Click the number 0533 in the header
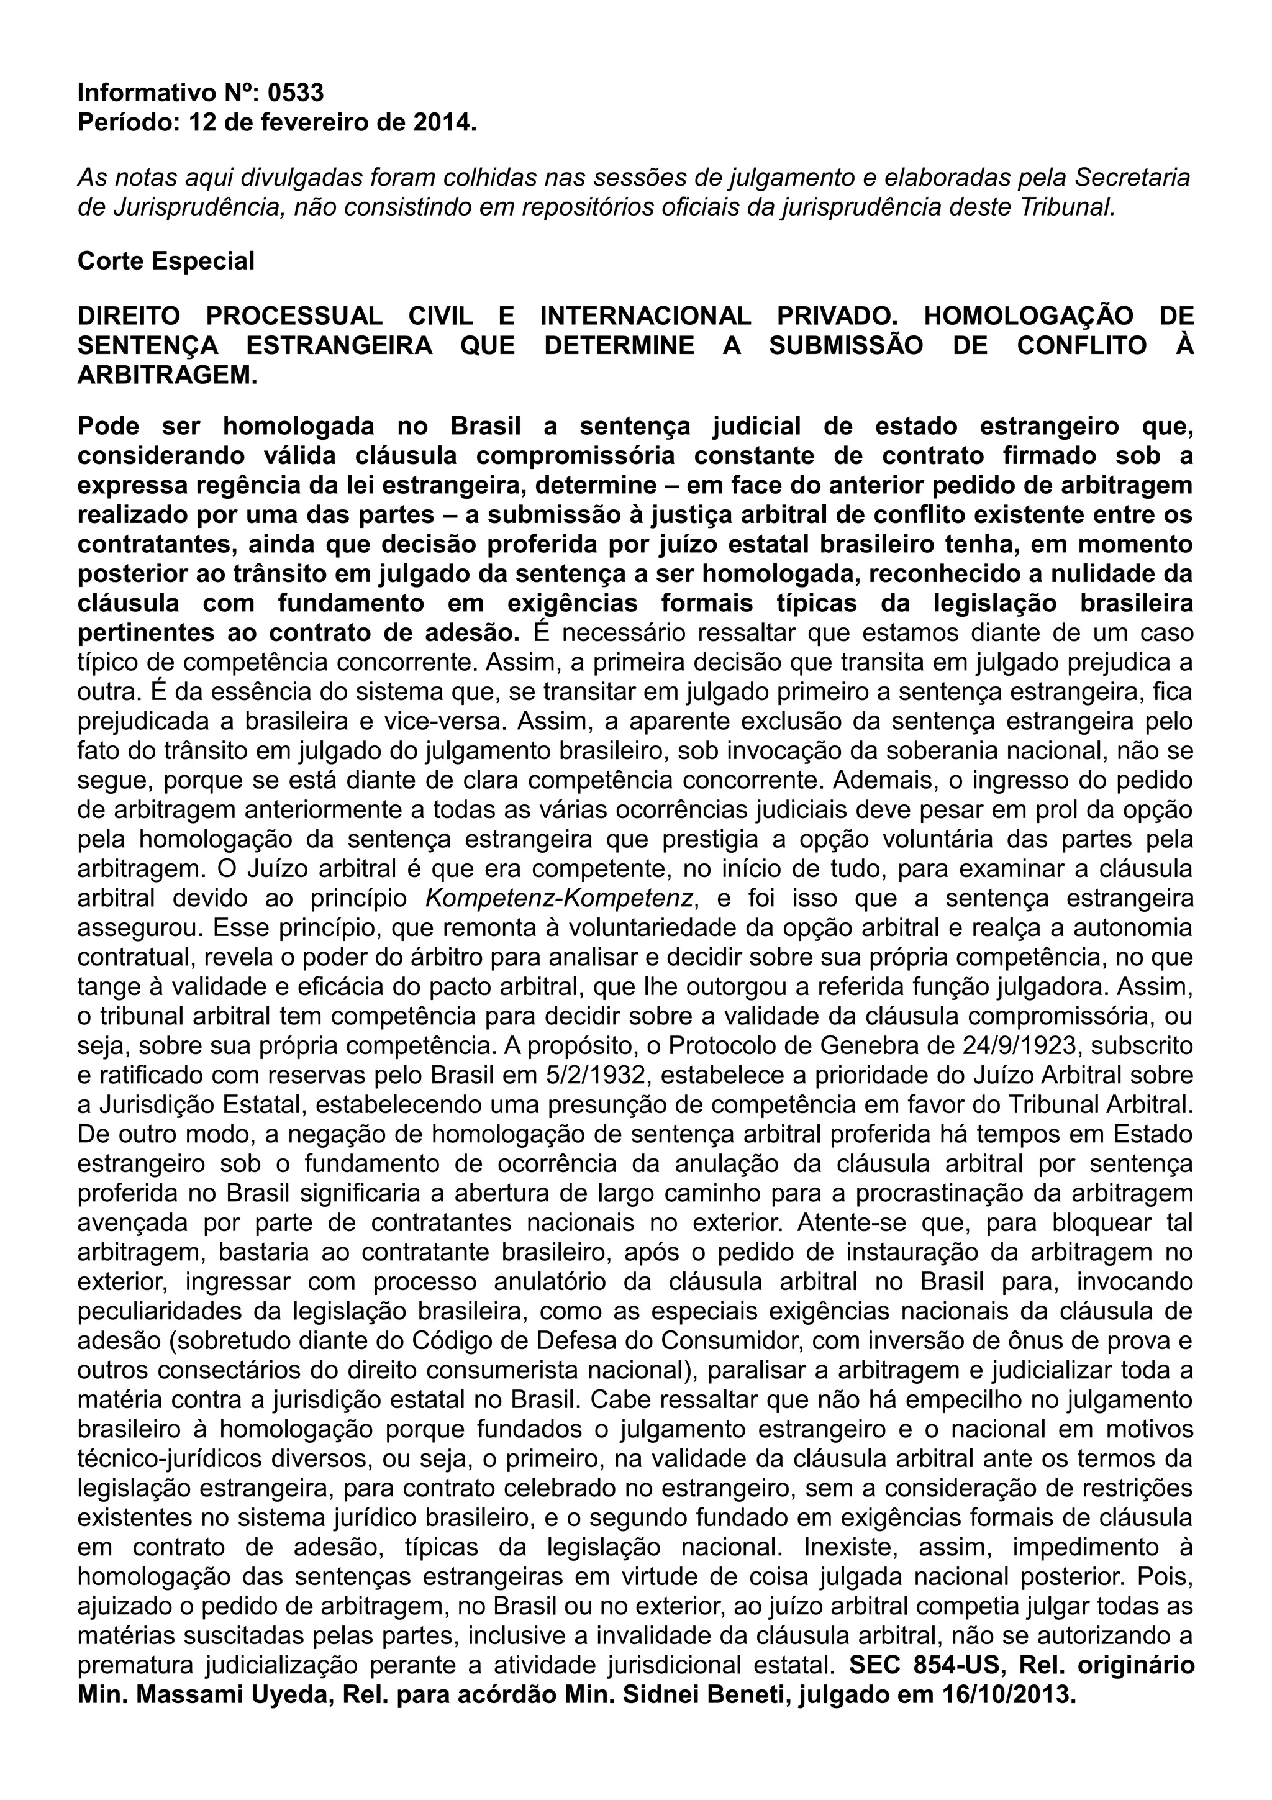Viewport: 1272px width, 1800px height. click(x=296, y=93)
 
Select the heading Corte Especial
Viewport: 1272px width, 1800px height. click(x=166, y=261)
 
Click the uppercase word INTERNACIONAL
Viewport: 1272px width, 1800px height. click(x=645, y=316)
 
